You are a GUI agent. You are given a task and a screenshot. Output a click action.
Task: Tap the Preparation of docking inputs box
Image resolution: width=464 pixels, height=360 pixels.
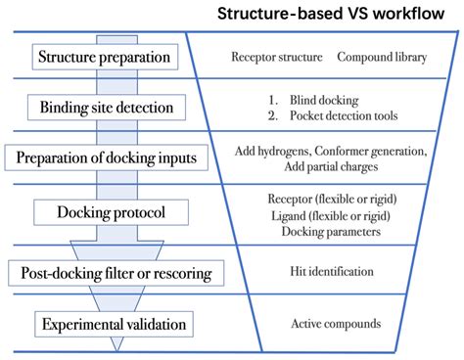[x=108, y=157]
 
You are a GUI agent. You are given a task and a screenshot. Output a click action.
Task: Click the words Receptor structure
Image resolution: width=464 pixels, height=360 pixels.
[x=276, y=57]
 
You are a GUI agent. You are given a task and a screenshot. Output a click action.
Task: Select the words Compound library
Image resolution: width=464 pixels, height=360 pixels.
[x=382, y=57]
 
